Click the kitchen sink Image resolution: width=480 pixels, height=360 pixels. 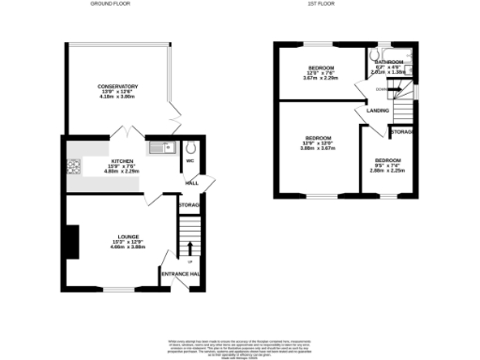[157, 146]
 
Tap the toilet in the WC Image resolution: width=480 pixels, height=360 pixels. [190, 146]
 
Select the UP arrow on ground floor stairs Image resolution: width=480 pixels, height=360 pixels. [190, 247]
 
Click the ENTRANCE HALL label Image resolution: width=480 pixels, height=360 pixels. [180, 273]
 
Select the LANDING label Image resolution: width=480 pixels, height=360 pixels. [379, 111]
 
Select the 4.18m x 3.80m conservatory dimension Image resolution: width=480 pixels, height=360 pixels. [118, 97]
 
